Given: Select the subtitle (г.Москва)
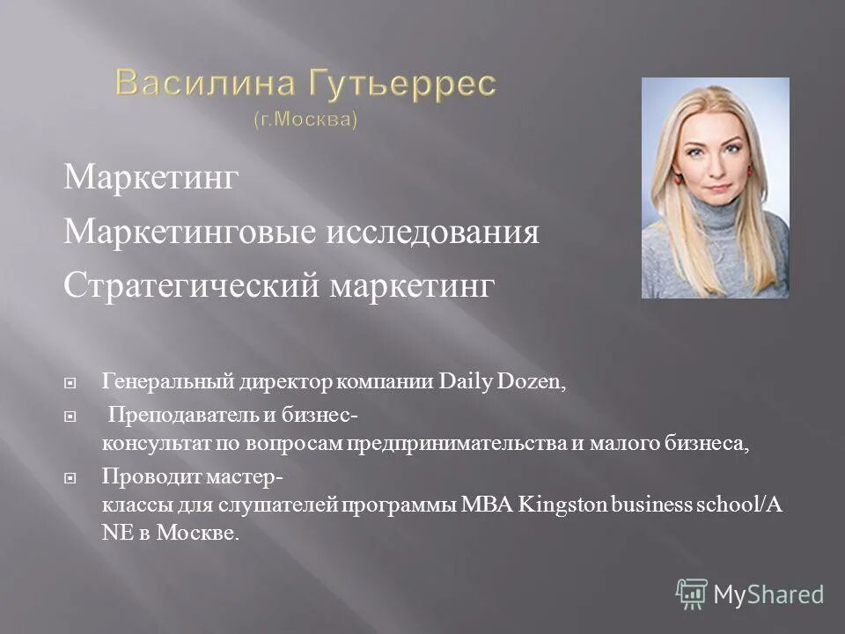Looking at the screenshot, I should [x=305, y=118].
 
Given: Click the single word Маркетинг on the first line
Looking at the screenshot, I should [x=151, y=180].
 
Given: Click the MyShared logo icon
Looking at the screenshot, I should [x=692, y=594].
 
